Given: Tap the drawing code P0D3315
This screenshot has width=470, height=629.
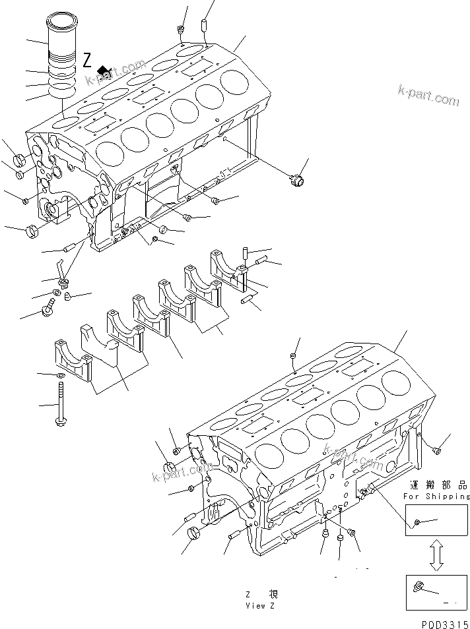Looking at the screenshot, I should pyautogui.click(x=445, y=622).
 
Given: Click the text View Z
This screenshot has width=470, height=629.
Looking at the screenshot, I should pyautogui.click(x=255, y=605).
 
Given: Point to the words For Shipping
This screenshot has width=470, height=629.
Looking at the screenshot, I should pyautogui.click(x=437, y=496).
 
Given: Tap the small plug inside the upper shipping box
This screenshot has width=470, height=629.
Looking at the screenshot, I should pyautogui.click(x=417, y=524).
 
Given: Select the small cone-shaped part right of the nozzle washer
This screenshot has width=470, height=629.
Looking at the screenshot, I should pyautogui.click(x=68, y=297).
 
